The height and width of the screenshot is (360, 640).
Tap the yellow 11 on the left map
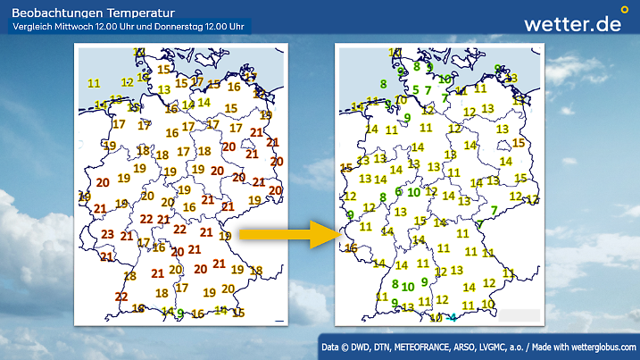[x=94, y=83]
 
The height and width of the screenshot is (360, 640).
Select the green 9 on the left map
[x=180, y=313]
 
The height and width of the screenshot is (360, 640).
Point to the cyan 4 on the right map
[x=453, y=317]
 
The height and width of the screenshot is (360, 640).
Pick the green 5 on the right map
[x=415, y=89]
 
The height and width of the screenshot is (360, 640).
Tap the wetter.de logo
[x=572, y=24]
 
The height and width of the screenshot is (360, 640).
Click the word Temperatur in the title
[x=124, y=12]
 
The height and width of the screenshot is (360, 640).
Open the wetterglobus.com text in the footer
[x=604, y=346]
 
